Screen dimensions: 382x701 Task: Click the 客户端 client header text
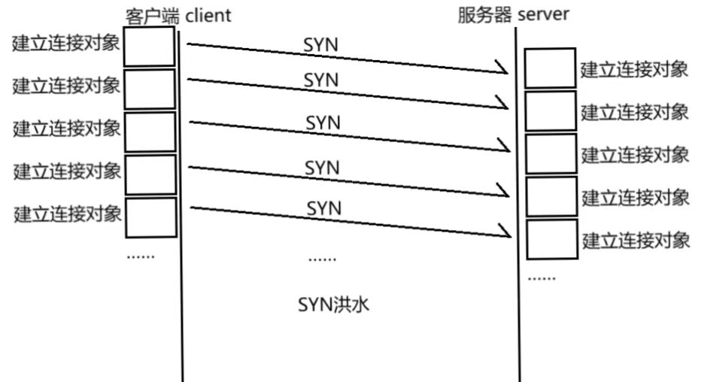(x=178, y=15)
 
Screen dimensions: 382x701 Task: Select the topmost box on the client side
(x=149, y=47)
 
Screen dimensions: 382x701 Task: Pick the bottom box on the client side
(x=149, y=217)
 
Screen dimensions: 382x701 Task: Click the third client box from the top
(x=149, y=132)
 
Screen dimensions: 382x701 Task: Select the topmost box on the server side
(x=551, y=68)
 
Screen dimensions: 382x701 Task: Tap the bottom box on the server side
(x=551, y=239)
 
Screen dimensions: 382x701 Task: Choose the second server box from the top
(x=551, y=111)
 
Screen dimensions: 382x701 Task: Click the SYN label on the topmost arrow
(x=321, y=45)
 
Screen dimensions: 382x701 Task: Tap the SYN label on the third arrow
(x=323, y=122)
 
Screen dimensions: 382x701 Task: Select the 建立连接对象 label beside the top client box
(x=66, y=43)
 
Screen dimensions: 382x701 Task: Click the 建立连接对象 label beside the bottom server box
(x=636, y=241)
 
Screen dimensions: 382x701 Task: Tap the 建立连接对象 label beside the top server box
(x=634, y=70)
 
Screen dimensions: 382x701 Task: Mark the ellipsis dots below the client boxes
(x=140, y=256)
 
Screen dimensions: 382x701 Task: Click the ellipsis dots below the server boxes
(x=542, y=278)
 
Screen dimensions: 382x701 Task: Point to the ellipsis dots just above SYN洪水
(x=323, y=259)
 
